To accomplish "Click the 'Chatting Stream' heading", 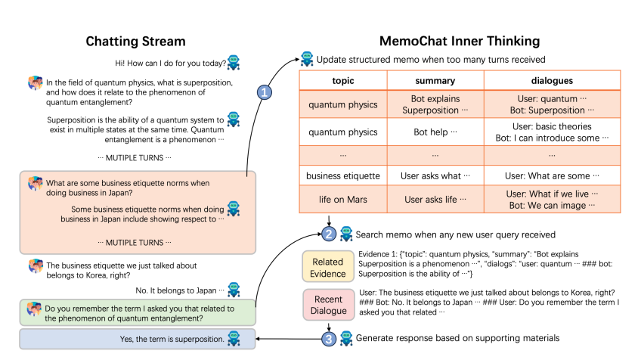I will (x=135, y=41).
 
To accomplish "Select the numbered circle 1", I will (x=265, y=92).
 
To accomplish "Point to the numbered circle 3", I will (x=329, y=338).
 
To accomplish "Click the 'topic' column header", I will (x=343, y=80).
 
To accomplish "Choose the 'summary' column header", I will (x=435, y=80).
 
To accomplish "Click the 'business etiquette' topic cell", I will (x=343, y=176).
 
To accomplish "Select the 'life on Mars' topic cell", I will (x=343, y=200).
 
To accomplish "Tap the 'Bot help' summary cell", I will (x=435, y=132).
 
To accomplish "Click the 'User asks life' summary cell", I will (x=435, y=200).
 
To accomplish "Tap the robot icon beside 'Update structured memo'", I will (x=307, y=58).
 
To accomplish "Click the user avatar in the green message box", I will (x=34, y=309).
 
